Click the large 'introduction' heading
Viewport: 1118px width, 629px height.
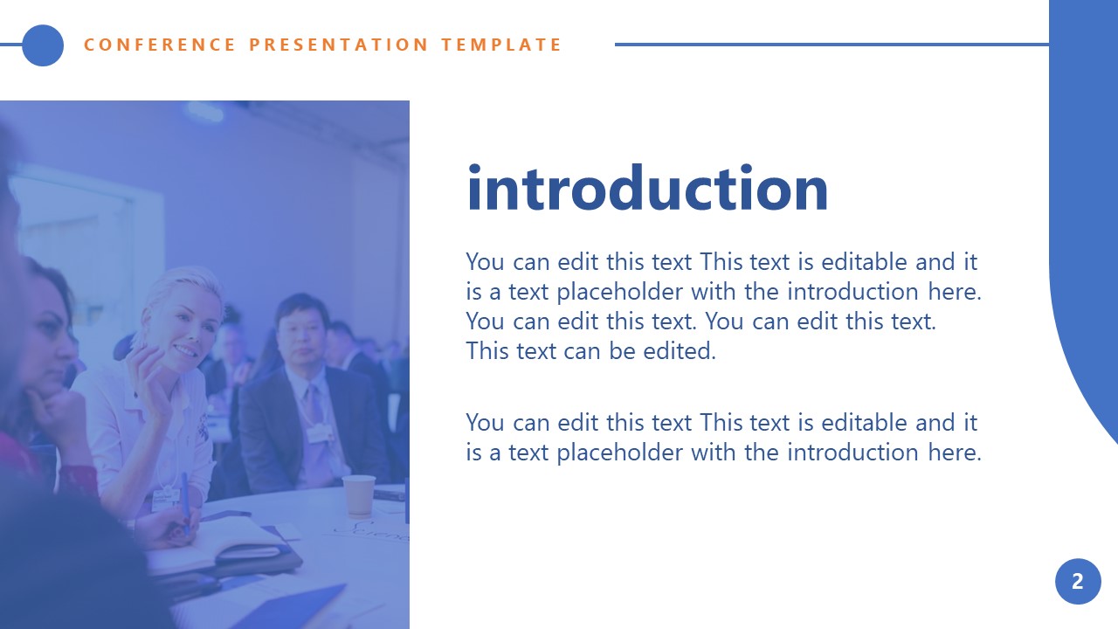pos(647,190)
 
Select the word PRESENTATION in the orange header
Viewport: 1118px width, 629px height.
pos(339,45)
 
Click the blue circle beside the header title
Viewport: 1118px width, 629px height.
pos(43,45)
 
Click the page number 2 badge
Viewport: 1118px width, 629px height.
pos(1077,581)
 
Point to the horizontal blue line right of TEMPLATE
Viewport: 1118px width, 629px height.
pos(830,45)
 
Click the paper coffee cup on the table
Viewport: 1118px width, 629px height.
pos(358,496)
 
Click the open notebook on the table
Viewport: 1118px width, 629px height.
pos(227,546)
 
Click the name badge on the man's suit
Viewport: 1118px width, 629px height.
pos(321,432)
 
